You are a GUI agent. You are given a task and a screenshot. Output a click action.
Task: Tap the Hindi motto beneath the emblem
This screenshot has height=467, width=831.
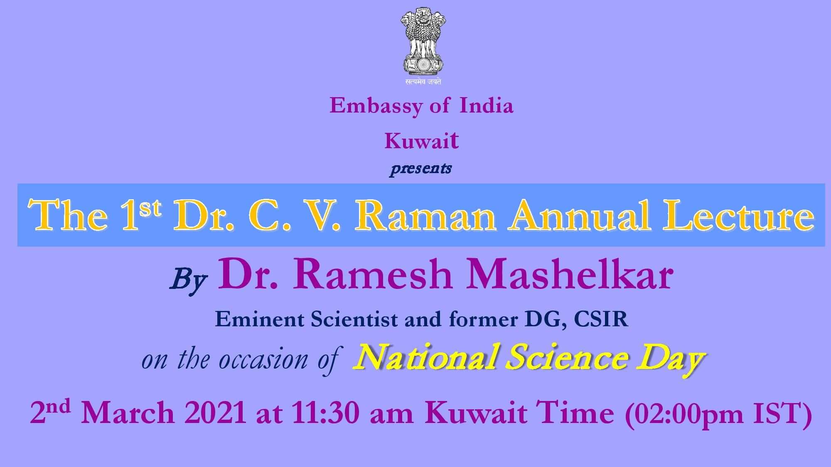point(423,82)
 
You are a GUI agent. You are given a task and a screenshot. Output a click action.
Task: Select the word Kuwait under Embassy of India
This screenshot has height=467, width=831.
point(422,140)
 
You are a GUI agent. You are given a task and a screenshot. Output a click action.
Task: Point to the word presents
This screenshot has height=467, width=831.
point(420,169)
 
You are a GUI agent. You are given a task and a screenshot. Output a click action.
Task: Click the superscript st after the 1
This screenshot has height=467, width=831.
point(150,208)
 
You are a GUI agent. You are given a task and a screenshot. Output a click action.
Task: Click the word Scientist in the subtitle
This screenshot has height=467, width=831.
point(354,319)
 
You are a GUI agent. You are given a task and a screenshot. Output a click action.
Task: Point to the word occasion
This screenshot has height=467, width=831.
point(263,359)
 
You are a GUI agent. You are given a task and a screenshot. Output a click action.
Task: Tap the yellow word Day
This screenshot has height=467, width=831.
point(671,359)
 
